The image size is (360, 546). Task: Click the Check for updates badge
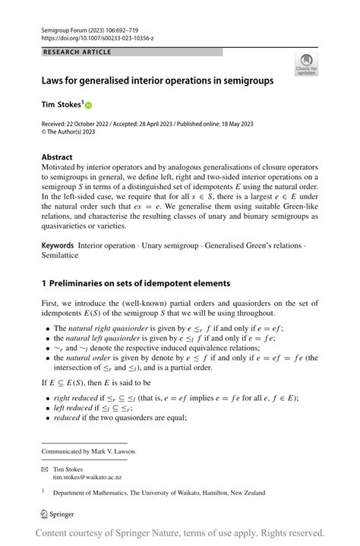(x=306, y=64)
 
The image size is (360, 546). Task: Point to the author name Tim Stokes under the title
(x=62, y=103)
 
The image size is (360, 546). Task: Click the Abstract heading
(x=57, y=157)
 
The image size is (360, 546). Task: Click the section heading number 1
(x=44, y=283)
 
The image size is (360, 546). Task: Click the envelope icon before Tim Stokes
(x=45, y=469)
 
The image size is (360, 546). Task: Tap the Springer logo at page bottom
(x=58, y=514)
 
